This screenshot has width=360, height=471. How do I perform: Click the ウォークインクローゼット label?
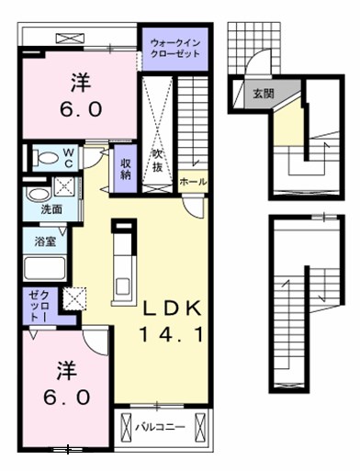pyautogui.click(x=175, y=49)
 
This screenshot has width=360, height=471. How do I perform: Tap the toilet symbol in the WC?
pyautogui.click(x=46, y=158)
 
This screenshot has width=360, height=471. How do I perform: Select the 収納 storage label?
pyautogui.click(x=126, y=168)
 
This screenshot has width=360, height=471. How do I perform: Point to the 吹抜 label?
pyautogui.click(x=157, y=161)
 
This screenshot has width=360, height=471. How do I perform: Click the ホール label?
pyautogui.click(x=193, y=182)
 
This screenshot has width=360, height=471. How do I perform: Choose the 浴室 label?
pyautogui.click(x=45, y=241)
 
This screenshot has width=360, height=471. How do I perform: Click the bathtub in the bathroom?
pyautogui.click(x=45, y=268)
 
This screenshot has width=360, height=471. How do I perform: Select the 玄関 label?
pyautogui.click(x=264, y=94)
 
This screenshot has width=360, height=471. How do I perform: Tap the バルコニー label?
pyautogui.click(x=161, y=427)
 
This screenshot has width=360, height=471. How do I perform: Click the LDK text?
pyautogui.click(x=173, y=309)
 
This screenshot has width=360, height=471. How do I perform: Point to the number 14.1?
pyautogui.click(x=172, y=334)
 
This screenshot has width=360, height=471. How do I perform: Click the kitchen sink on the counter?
pyautogui.click(x=124, y=286)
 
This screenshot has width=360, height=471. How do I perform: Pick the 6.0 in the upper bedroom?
pyautogui.click(x=81, y=109)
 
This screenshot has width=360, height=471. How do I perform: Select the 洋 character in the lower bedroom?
pyautogui.click(x=67, y=371)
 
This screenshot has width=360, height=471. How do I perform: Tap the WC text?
pyautogui.click(x=68, y=158)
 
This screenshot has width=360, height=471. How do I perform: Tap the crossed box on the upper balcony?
pyautogui.click(x=70, y=39)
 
